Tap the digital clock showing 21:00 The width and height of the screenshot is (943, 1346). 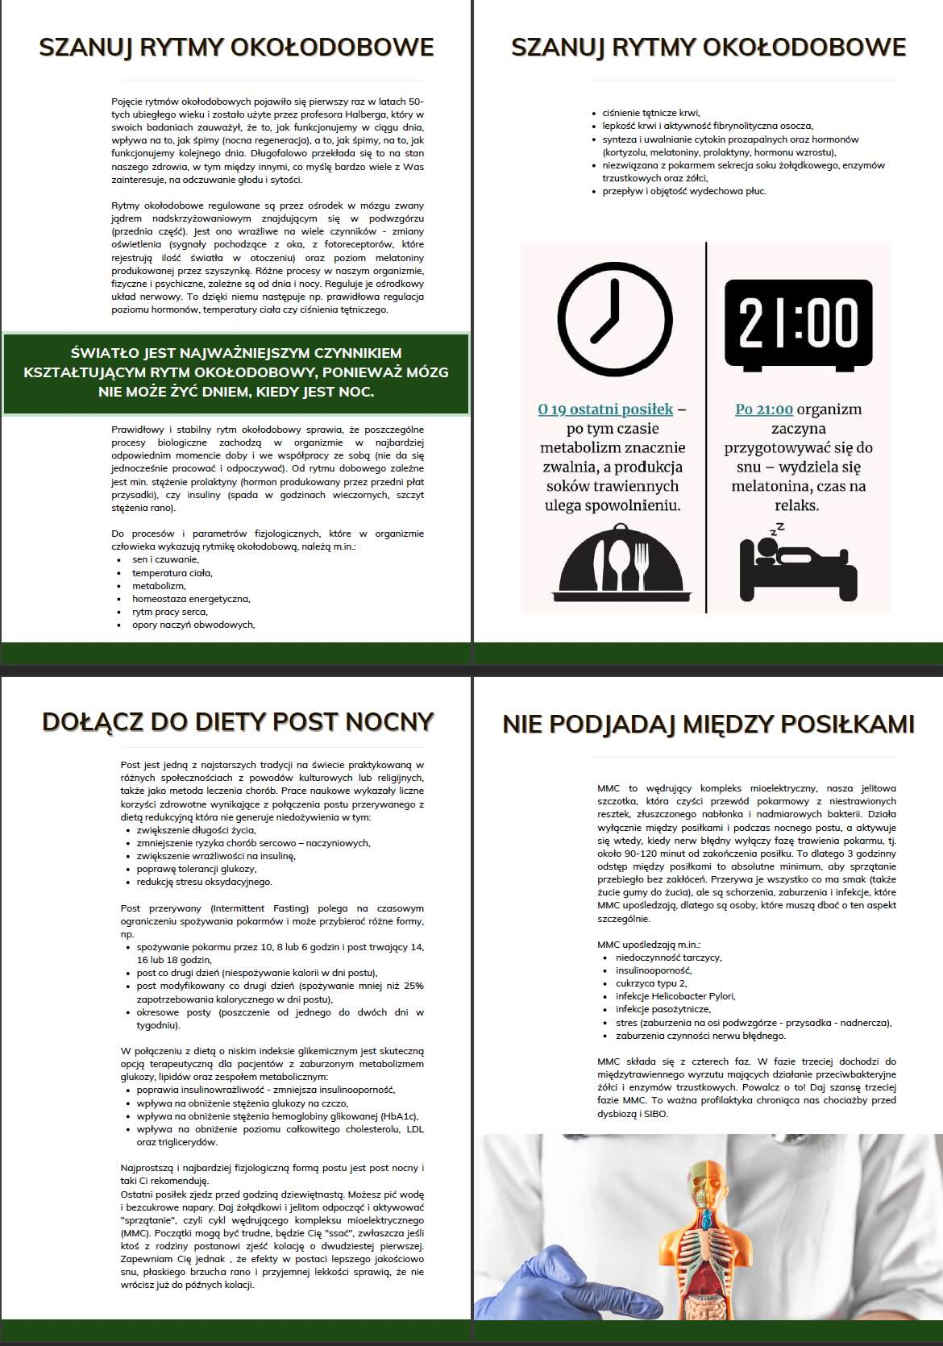[x=798, y=323]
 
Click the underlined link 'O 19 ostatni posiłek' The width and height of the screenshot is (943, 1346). [x=605, y=409]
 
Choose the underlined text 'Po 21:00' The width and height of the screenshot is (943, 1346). [x=763, y=409]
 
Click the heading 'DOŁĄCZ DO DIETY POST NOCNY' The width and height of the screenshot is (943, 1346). [x=238, y=721]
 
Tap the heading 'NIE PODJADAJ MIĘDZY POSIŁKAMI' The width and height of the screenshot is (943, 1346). [x=708, y=724]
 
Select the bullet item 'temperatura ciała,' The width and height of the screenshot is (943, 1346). [x=172, y=573]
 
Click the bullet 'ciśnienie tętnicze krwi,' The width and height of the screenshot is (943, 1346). [x=651, y=113]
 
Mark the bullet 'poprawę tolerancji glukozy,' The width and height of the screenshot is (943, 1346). [x=197, y=869]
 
